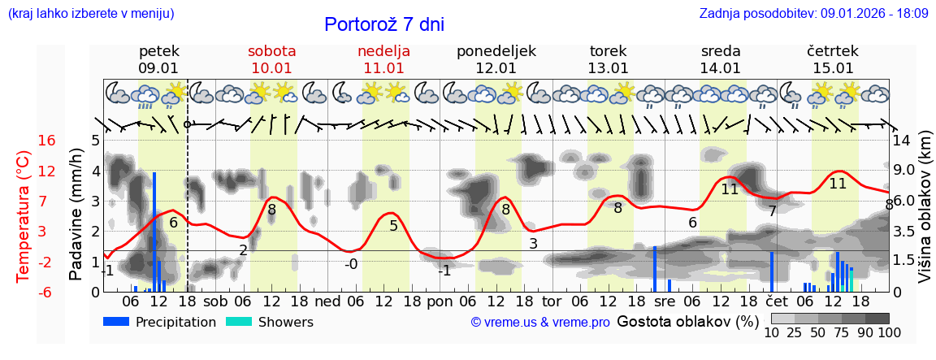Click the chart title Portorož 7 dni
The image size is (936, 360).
tap(384, 24)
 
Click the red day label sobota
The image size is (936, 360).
tap(271, 51)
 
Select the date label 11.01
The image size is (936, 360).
tap(383, 68)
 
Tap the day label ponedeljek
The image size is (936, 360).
tap(496, 51)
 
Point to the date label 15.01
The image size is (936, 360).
tap(833, 68)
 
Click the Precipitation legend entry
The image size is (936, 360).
tap(160, 322)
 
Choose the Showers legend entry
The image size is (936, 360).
tap(269, 322)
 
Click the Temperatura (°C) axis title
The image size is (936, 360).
tap(24, 216)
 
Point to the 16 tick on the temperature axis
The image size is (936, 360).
tap(47, 141)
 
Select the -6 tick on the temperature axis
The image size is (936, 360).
tap(47, 292)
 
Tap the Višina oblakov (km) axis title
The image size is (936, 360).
tap(925, 216)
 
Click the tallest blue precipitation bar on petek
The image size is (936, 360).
tap(154, 232)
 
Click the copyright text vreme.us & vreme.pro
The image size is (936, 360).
tap(540, 322)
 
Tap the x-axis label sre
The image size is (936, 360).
tap(665, 301)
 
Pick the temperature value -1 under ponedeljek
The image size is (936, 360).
tap(444, 271)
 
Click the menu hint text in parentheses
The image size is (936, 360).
tap(91, 13)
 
